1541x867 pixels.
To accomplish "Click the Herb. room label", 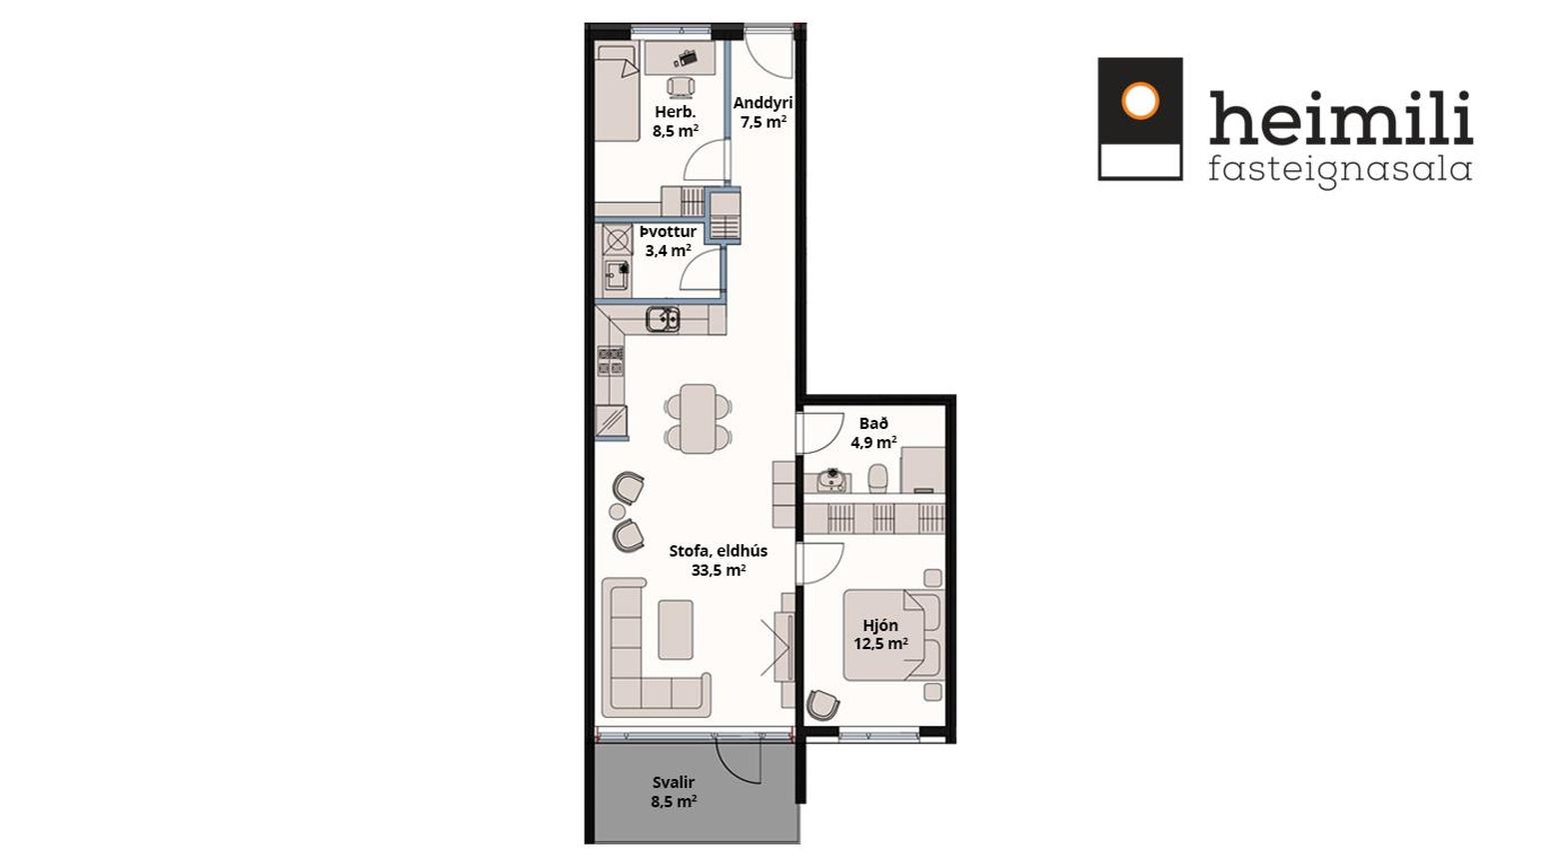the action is point(675,112).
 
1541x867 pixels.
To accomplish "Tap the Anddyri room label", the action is point(763,103).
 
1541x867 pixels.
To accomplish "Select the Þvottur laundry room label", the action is point(668,232).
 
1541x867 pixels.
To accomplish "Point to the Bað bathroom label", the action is point(873,424).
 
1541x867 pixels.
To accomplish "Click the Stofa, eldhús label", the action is point(719,552).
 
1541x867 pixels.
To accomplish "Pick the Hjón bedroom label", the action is point(880,626).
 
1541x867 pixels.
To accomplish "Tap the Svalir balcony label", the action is point(674,782).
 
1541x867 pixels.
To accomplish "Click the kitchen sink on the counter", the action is point(663,319).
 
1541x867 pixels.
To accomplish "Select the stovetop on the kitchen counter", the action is point(611,361).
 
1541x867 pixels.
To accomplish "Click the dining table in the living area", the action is point(698,418).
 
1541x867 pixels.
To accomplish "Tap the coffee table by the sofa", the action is point(676,629).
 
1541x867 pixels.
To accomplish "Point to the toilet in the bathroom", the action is point(877,479).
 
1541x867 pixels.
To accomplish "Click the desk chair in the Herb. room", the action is point(681,87).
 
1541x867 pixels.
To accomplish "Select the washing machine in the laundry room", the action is point(617,240).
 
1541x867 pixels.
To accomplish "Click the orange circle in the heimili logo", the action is point(1140,101).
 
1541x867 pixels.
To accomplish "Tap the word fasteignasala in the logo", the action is point(1340,170).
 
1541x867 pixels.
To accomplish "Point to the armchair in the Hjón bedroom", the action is point(822,705).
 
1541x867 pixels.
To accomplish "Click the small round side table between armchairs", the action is point(617,511).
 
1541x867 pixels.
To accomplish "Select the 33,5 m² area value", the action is point(719,570).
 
